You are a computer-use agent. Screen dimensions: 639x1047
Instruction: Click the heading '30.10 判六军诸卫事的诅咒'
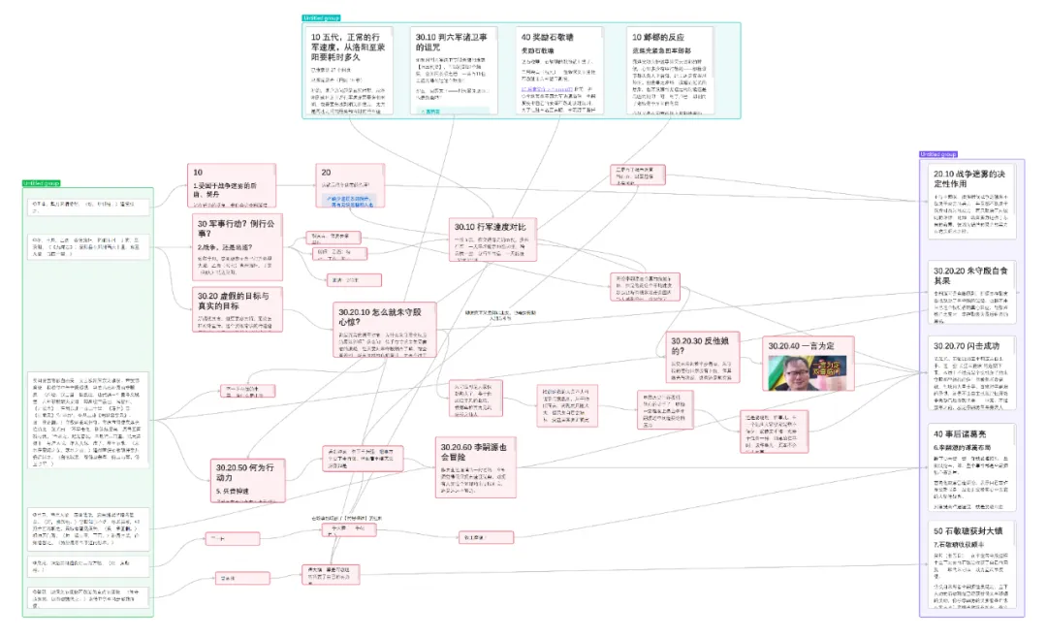click(x=451, y=43)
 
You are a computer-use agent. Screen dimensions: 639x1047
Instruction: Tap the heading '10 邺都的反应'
click(x=666, y=37)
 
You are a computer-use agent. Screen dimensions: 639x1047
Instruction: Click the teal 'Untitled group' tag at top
click(x=321, y=18)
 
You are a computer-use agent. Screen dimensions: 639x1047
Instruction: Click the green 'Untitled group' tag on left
click(x=41, y=183)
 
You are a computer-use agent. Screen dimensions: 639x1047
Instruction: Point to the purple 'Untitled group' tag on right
click(x=937, y=154)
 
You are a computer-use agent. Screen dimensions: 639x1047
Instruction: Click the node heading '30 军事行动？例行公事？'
click(x=237, y=227)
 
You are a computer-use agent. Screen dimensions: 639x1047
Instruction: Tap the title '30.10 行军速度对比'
click(x=495, y=227)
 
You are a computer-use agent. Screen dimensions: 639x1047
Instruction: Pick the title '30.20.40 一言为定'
click(x=799, y=345)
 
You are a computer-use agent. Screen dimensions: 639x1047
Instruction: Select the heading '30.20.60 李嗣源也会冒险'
click(x=481, y=451)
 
